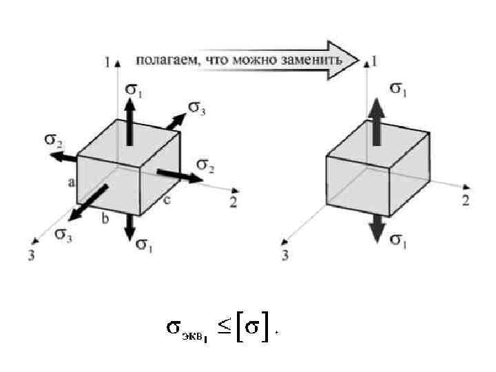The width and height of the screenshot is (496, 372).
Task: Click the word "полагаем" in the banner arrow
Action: click(x=165, y=60)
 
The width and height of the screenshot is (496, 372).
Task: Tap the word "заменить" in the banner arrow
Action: click(x=313, y=60)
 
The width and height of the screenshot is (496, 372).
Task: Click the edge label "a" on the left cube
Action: click(x=71, y=182)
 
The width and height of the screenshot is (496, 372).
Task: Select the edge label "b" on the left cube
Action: click(x=105, y=220)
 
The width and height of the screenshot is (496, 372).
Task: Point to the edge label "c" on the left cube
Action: click(x=167, y=200)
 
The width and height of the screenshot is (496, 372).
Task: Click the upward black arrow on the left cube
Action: click(x=130, y=125)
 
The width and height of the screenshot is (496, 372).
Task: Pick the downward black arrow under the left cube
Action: click(x=130, y=225)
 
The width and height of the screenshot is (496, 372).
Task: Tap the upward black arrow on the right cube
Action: click(x=375, y=121)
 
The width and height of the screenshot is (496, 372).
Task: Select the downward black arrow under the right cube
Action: click(x=375, y=227)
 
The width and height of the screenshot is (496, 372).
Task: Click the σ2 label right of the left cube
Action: click(x=206, y=165)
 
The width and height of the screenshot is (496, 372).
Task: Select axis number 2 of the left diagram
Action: click(x=234, y=202)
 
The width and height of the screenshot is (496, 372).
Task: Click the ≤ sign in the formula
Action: click(x=225, y=328)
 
